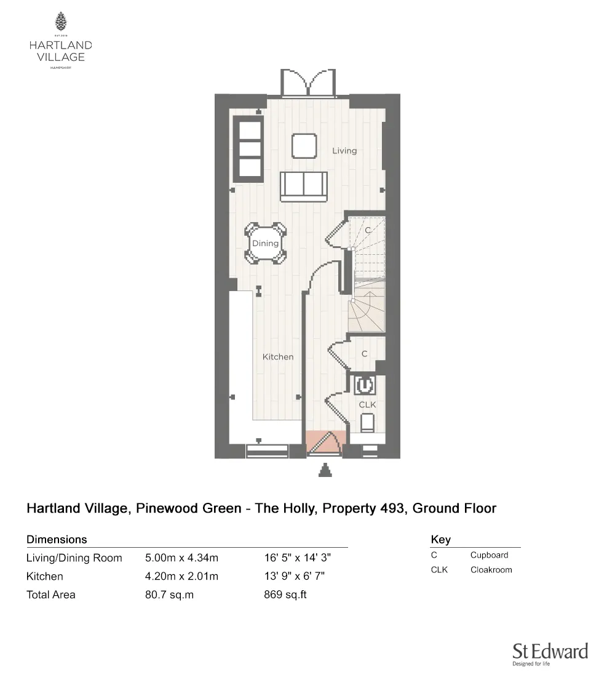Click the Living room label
click(x=344, y=151)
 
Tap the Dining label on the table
click(x=265, y=244)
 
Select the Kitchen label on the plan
click(x=278, y=357)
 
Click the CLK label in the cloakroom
click(x=367, y=404)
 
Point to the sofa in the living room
click(x=303, y=186)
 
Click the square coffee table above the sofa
click(x=304, y=146)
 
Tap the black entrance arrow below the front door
click(x=325, y=471)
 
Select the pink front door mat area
click(x=324, y=440)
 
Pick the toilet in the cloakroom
click(x=367, y=423)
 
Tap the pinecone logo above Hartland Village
click(x=61, y=22)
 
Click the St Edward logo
click(x=550, y=654)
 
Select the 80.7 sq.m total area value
click(x=169, y=595)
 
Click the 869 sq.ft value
click(x=285, y=595)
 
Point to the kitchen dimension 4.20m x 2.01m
click(x=181, y=577)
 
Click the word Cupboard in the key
click(x=489, y=555)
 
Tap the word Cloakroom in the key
click(x=491, y=570)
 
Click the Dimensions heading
click(x=57, y=540)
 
